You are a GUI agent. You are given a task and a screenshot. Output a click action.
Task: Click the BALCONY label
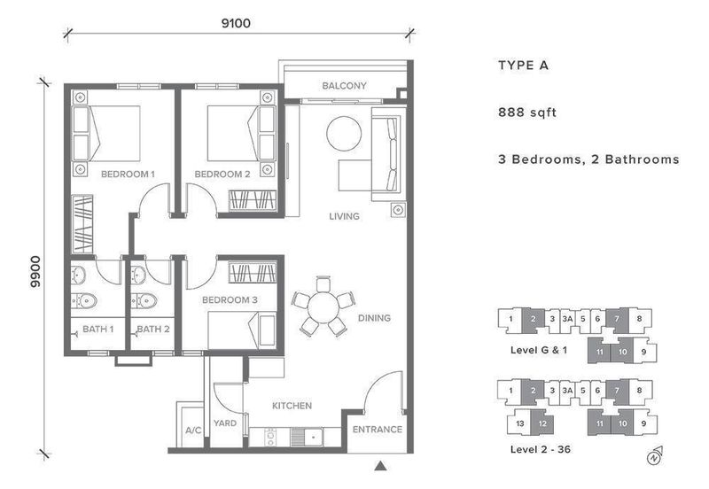click(x=344, y=85)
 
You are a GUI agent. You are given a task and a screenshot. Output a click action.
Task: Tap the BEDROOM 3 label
click(x=230, y=299)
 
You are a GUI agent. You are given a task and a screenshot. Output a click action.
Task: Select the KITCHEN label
click(x=292, y=406)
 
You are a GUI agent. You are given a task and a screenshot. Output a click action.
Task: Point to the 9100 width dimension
click(x=236, y=23)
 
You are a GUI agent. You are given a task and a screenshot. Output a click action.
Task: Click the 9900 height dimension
click(x=35, y=272)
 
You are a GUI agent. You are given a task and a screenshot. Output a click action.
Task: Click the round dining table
click(x=323, y=307)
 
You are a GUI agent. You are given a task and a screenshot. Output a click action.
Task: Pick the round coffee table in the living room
click(x=344, y=134)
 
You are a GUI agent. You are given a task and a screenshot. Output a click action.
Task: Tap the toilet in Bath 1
click(x=84, y=300)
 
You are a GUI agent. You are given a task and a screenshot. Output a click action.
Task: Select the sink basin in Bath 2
click(x=138, y=276)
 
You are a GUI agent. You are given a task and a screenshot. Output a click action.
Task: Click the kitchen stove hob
click(x=271, y=437)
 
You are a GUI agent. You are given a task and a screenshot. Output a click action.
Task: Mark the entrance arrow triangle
click(x=380, y=466)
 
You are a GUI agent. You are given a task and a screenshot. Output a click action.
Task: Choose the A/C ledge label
click(x=193, y=431)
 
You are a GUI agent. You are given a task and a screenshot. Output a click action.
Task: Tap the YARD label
click(x=225, y=423)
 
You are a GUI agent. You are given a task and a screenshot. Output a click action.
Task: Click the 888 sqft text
click(x=526, y=113)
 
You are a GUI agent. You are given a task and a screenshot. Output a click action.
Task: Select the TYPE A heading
click(x=523, y=66)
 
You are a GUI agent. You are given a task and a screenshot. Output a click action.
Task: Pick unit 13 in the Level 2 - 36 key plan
click(x=520, y=423)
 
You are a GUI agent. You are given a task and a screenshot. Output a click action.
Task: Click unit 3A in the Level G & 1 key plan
click(x=567, y=319)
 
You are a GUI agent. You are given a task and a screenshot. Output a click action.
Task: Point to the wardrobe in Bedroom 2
click(x=253, y=200)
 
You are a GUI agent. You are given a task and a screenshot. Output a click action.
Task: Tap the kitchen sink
click(x=313, y=437)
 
